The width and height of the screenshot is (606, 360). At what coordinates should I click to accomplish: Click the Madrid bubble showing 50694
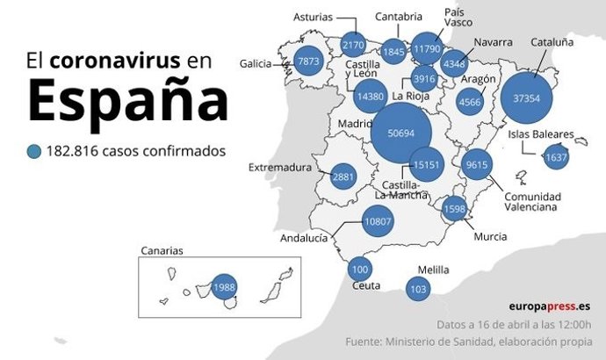pyautogui.click(x=400, y=133)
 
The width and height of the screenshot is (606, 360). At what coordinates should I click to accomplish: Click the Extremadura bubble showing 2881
pyautogui.click(x=343, y=176)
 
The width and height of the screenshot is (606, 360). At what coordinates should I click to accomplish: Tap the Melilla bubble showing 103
pyautogui.click(x=418, y=288)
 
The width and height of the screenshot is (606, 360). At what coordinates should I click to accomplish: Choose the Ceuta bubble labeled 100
pyautogui.click(x=360, y=269)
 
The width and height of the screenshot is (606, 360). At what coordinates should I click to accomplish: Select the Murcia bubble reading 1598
pyautogui.click(x=454, y=209)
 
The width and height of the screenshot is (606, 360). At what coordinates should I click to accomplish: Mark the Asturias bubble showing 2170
pyautogui.click(x=353, y=45)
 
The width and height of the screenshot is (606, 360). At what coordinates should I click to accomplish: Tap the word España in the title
pyautogui.click(x=127, y=100)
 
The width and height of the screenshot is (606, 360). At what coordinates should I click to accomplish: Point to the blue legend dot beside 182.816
pyautogui.click(x=34, y=151)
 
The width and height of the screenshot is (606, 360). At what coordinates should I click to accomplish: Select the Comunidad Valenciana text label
pyautogui.click(x=533, y=203)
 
